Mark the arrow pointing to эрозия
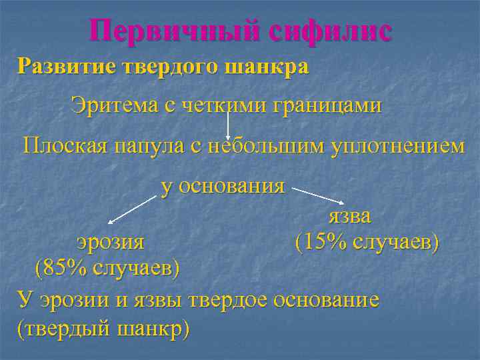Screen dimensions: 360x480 point(133,209)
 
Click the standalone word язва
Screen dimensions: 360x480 point(349,216)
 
